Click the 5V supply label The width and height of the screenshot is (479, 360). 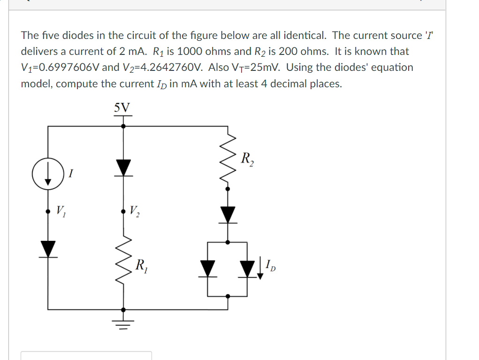pos(123,107)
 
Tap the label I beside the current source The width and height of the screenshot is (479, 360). pos(70,174)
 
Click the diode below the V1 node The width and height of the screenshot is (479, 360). pos(47,249)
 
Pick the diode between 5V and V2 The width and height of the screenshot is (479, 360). pos(123,168)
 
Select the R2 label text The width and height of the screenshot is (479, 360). pos(247,159)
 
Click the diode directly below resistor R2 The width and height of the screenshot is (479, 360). pos(228,214)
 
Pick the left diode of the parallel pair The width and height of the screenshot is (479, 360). pos(208,269)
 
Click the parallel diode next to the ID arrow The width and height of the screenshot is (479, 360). pos(248,269)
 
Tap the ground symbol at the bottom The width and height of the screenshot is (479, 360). pos(123,322)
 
